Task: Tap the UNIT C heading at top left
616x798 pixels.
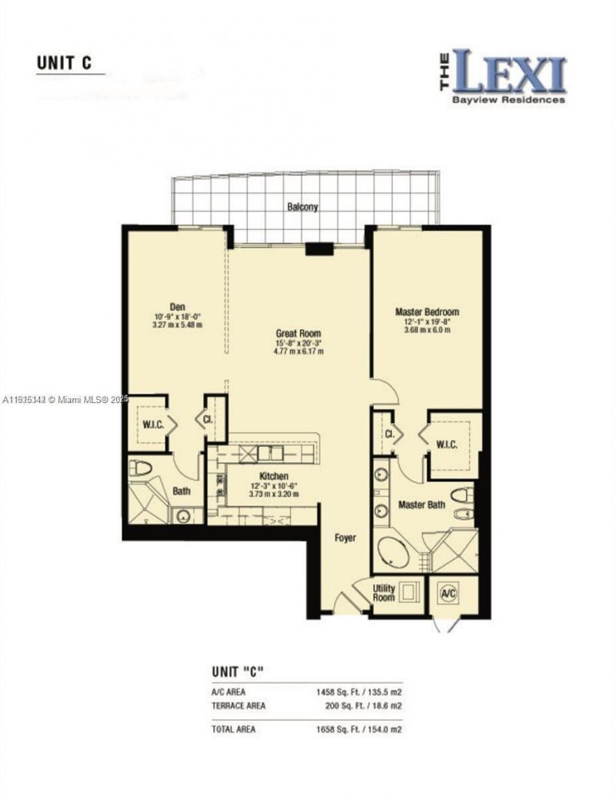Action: (x=64, y=63)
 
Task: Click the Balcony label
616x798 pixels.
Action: (x=303, y=206)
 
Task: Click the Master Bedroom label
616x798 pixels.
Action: (x=427, y=312)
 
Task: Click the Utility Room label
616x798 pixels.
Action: (x=383, y=592)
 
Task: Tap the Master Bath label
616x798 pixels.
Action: (x=421, y=505)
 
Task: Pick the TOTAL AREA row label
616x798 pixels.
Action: (x=235, y=729)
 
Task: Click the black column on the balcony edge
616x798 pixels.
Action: (x=318, y=248)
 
